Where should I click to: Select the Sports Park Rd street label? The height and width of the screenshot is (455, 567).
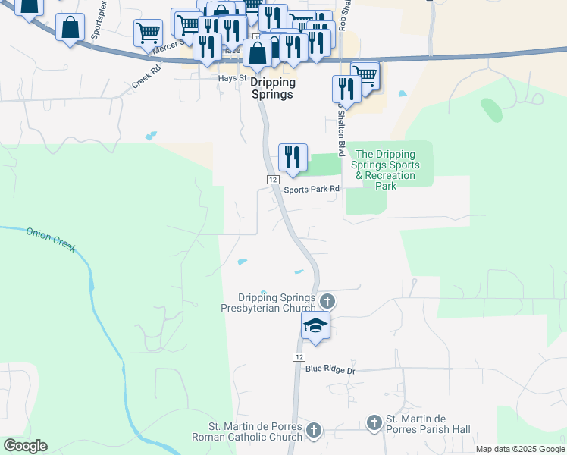(311, 190)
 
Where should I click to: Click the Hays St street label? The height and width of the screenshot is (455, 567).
(233, 78)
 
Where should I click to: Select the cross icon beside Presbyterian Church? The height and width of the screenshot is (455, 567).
(327, 302)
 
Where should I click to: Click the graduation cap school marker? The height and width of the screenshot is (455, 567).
(315, 326)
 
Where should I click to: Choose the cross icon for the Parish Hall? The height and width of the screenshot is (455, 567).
(374, 423)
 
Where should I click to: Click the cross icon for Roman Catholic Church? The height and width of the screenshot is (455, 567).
(314, 431)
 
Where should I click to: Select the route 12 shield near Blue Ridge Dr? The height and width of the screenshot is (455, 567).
(299, 356)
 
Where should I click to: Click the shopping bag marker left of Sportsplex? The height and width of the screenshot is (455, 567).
(70, 29)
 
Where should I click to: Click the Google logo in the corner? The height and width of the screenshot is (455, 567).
(25, 446)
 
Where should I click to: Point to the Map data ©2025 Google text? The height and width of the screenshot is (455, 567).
(520, 449)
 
